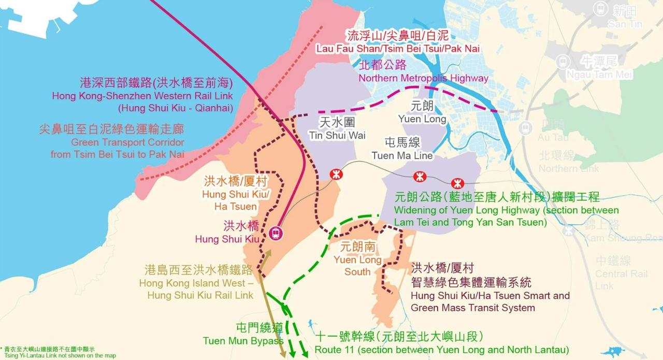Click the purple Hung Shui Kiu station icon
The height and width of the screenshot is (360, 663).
click(x=276, y=233)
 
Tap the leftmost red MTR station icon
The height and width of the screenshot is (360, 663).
click(x=336, y=174)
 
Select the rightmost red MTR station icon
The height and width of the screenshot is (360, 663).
click(x=457, y=183)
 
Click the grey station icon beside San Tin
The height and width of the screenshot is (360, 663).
click(x=600, y=9)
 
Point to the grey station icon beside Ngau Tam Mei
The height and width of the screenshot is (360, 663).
click(x=563, y=62)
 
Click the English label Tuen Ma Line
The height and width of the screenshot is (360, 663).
click(x=402, y=155)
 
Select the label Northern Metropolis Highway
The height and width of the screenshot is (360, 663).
click(x=424, y=78)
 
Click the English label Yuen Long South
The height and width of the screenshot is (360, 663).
click(x=358, y=266)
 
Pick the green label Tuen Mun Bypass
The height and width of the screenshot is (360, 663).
click(x=243, y=341)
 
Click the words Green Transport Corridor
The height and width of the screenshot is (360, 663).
click(x=127, y=142)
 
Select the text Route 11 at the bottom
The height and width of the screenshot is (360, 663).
click(x=332, y=349)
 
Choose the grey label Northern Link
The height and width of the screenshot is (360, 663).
click(x=568, y=168)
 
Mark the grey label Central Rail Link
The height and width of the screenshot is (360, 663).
click(x=614, y=280)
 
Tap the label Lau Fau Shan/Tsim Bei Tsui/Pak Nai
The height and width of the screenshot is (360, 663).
click(x=398, y=48)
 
